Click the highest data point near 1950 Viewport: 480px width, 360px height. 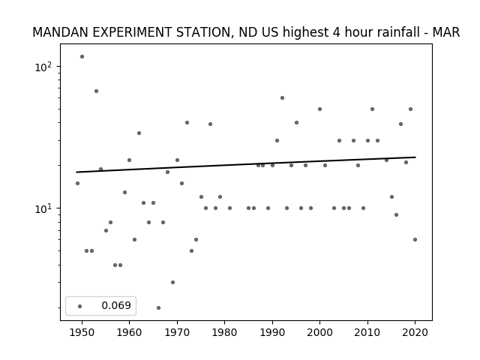(82, 57)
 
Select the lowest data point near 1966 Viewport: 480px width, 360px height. (158, 307)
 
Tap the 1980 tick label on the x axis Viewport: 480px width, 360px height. (225, 332)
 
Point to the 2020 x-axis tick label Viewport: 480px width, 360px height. (415, 332)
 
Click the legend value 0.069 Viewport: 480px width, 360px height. (116, 305)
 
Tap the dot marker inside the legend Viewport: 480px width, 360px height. (80, 306)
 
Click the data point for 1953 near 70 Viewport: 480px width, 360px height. (97, 91)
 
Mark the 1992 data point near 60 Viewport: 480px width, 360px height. (282, 98)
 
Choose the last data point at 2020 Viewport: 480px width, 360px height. (415, 240)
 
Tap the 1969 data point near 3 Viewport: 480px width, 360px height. (173, 282)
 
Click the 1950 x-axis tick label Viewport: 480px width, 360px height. (82, 332)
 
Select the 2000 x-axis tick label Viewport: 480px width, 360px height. (320, 332)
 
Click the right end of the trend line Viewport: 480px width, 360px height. (415, 157)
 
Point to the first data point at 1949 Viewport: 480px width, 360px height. (77, 183)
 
